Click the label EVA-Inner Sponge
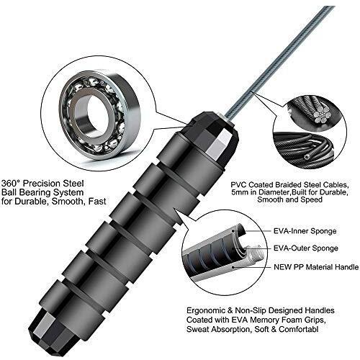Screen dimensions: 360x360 click(305, 231)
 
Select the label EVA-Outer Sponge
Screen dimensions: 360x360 click(306, 248)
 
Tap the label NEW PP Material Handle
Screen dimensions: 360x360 click(316, 267)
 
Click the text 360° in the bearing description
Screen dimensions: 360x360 click(11, 184)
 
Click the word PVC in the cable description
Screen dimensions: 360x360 click(239, 185)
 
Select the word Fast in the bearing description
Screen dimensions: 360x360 click(97, 202)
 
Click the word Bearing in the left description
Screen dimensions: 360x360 click(35, 193)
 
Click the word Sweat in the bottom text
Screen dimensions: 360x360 click(198, 329)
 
